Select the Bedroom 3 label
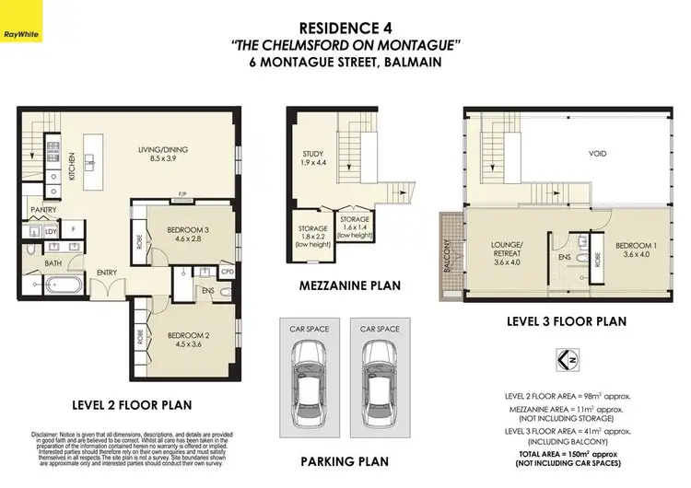(x=189, y=236)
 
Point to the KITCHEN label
(x=73, y=163)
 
